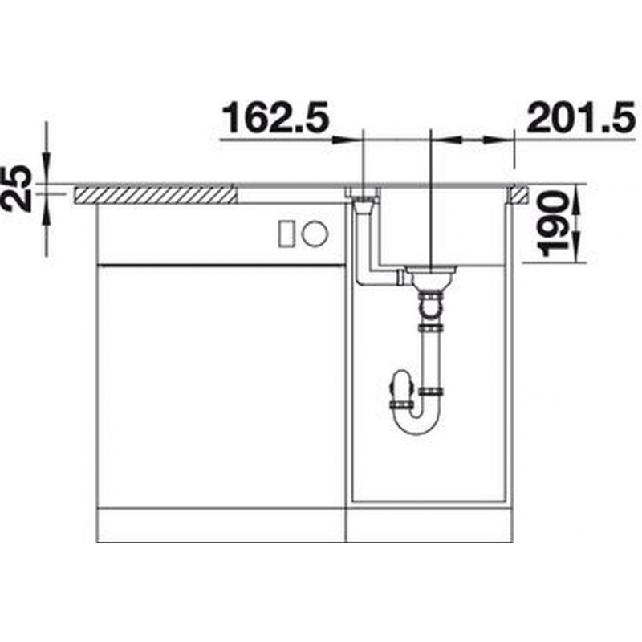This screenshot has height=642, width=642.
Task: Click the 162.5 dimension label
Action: tap(275, 118)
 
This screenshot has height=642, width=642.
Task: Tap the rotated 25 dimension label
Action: tap(16, 189)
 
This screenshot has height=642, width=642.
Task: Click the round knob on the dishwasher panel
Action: tap(315, 234)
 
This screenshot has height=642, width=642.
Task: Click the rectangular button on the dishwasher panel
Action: tap(286, 234)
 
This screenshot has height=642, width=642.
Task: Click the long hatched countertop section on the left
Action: tap(155, 195)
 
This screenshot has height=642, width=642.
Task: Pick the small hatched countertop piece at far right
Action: tap(518, 195)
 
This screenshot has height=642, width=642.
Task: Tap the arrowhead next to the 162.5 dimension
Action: tap(343, 140)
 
